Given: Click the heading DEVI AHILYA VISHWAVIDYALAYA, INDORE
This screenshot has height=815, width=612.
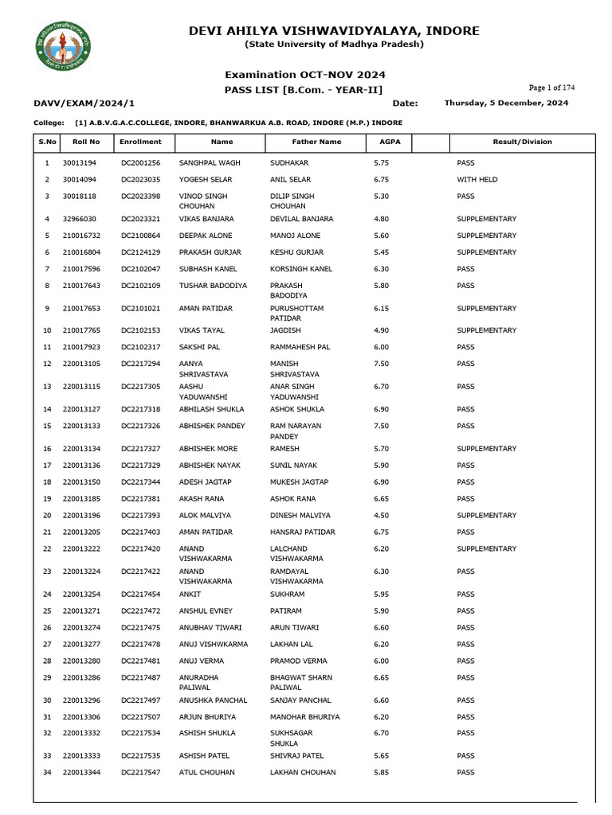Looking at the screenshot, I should tap(334, 31).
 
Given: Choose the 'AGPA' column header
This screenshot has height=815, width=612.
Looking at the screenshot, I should tap(379, 142).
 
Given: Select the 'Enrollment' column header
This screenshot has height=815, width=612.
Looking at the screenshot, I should tap(140, 142).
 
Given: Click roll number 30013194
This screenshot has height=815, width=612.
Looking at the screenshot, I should tap(80, 162).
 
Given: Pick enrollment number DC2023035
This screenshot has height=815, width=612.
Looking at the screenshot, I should tap(140, 180).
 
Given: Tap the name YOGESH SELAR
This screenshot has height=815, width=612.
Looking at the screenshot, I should tap(206, 180).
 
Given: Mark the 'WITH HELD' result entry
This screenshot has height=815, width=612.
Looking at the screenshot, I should tap(477, 180).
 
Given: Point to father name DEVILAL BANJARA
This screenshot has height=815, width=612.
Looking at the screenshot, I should tap(301, 219).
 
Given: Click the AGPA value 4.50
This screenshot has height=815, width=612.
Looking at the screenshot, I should tap(381, 516).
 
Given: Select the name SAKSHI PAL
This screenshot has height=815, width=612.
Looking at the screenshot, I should tap(200, 347).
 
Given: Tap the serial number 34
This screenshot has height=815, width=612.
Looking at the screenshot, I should tap(47, 772).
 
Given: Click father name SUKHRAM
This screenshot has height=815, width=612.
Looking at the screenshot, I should tap(287, 595).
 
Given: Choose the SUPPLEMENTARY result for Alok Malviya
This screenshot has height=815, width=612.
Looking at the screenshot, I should tap(486, 516).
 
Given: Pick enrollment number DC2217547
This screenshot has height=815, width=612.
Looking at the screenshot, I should tap(140, 772).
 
